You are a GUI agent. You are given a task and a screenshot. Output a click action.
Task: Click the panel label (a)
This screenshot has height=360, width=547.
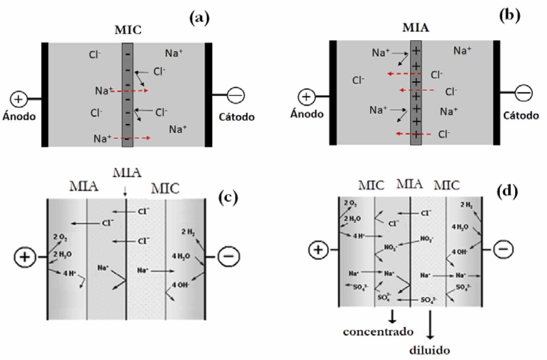(199, 18)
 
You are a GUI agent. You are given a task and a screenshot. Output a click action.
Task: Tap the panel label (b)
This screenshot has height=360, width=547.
(510, 15)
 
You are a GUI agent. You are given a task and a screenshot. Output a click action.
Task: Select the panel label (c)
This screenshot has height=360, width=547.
(228, 197)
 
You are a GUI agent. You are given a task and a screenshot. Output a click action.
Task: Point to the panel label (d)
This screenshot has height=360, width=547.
(507, 191)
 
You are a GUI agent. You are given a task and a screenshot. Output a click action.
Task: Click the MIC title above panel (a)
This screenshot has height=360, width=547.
(128, 30)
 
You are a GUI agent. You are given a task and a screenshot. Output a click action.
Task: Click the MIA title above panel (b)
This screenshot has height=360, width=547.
(416, 28)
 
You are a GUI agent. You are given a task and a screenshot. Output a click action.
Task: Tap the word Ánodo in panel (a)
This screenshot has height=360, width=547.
(19, 116)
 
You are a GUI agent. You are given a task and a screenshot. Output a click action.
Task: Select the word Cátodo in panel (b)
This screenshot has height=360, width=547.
(521, 115)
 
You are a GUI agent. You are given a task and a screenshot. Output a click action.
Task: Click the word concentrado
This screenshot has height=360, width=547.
(378, 332)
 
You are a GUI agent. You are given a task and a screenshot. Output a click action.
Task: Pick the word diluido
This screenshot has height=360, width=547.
(429, 350)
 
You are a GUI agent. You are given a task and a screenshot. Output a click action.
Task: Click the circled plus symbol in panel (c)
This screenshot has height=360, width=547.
(25, 256)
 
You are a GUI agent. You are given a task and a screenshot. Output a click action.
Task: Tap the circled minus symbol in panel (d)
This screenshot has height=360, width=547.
(503, 250)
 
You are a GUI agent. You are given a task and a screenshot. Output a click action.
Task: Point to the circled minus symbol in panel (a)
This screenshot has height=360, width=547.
(236, 95)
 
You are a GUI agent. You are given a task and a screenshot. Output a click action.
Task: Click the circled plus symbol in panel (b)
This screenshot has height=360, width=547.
(306, 97)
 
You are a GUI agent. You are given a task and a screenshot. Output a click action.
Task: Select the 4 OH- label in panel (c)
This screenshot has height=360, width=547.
(180, 285)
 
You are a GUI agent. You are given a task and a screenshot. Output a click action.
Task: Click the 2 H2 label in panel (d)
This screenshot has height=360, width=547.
(466, 205)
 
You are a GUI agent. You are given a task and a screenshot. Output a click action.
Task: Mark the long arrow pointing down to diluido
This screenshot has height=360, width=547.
(430, 324)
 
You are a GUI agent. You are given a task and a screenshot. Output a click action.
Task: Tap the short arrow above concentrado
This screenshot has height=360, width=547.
(392, 316)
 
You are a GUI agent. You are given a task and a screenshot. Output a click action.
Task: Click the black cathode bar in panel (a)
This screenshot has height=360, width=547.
(208, 95)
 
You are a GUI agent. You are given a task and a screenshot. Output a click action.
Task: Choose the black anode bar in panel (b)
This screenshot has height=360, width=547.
(333, 93)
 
